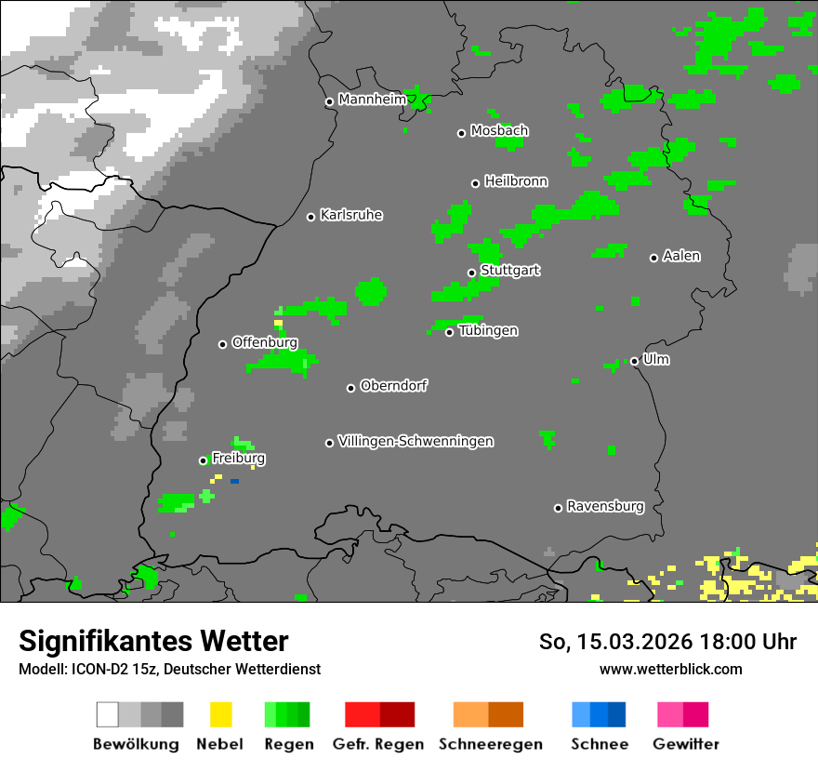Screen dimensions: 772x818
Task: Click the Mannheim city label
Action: [x=372, y=100]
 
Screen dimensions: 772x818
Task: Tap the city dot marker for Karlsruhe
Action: [x=311, y=217]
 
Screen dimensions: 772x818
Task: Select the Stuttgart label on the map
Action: [x=510, y=271]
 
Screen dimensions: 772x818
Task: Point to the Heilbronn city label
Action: [x=516, y=181]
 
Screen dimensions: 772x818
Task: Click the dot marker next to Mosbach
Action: [x=461, y=133]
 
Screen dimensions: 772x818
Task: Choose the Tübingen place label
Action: [x=488, y=331]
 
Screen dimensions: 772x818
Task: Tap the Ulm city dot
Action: [x=634, y=361]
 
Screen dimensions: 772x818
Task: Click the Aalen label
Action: [x=681, y=256]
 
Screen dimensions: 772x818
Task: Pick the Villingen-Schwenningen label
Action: [x=416, y=441]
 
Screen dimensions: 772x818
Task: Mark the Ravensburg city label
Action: [x=605, y=507]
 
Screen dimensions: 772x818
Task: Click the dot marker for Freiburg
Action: [x=203, y=460]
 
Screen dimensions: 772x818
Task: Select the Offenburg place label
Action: [x=265, y=342]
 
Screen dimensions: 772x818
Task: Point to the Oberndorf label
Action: [x=393, y=386]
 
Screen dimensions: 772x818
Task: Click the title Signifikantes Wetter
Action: [x=153, y=641]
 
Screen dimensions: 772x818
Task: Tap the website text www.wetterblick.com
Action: [x=670, y=669]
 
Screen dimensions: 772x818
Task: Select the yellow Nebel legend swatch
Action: [x=220, y=714]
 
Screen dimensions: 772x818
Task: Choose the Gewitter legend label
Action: [x=685, y=744]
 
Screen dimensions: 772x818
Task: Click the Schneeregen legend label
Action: [x=490, y=744]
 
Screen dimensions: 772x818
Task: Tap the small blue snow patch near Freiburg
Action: [x=234, y=481]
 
